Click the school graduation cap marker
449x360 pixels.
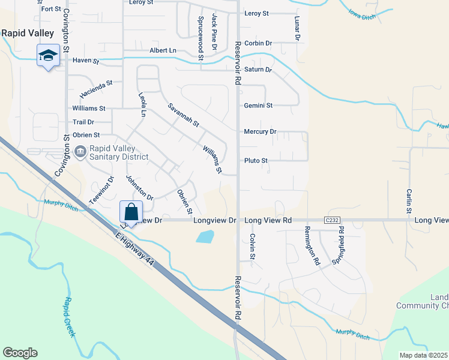47,56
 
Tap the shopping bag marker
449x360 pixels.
131,212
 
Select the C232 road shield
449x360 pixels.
333,221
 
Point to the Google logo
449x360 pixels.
20,353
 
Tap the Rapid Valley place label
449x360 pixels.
28,34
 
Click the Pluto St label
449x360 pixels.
256,161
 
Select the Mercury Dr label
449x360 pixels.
260,131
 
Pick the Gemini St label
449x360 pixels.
258,106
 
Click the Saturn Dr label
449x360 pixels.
258,70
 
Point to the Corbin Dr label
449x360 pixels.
258,44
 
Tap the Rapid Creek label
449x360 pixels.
70,317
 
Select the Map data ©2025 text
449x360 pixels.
424,355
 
